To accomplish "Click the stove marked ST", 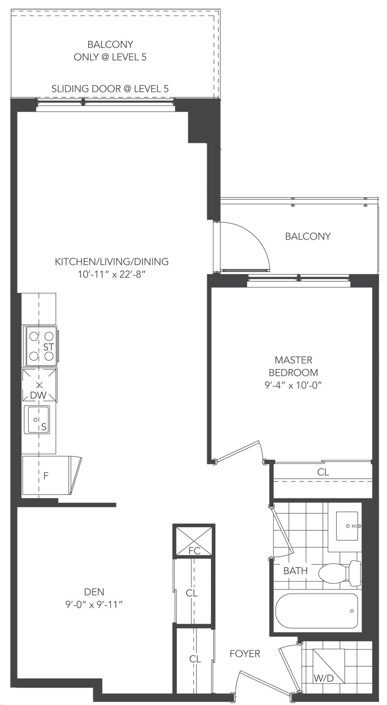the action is tap(41, 346).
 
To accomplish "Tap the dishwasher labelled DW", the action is tap(39, 385).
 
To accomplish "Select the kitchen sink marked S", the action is tap(37, 420).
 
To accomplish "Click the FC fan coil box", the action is tap(194, 541).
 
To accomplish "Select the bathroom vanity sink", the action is tap(346, 525).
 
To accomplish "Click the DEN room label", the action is tap(94, 592).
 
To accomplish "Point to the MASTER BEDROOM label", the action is tap(293, 366).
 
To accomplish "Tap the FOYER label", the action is tap(245, 653).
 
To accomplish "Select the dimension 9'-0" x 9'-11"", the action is tap(94, 605).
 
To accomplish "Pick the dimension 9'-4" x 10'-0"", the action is tap(293, 385).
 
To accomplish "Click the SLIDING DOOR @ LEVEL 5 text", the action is tap(110, 89).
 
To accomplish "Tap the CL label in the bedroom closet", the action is tap(323, 472).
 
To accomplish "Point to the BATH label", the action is tap(296, 571).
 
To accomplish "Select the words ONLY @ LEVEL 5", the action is tap(110, 57).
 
